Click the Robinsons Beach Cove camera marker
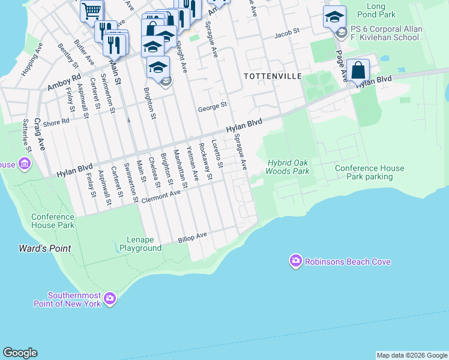coord(295,261)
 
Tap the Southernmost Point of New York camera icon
coord(109,298)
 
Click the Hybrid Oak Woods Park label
coord(288,167)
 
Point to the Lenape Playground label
coord(140,244)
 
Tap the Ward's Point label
coord(44,248)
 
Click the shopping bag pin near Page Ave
coord(358,71)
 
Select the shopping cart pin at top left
coord(91,10)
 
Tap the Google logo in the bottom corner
coord(20,353)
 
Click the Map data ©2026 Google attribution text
coord(412,355)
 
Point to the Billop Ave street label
coord(192,237)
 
